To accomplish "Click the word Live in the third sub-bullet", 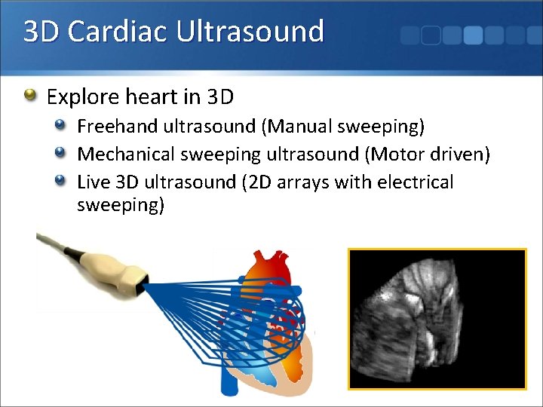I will tap(92, 182).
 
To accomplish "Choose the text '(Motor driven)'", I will tap(428, 154).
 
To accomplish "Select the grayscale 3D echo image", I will tap(437, 319).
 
